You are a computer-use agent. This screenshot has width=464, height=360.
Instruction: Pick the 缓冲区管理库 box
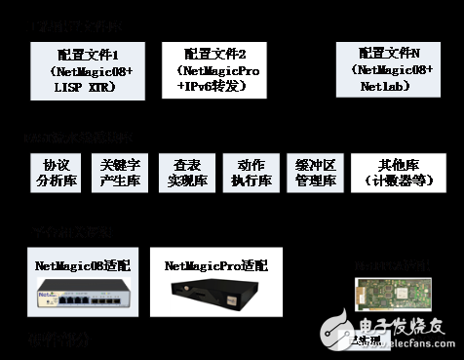(x=312, y=173)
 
